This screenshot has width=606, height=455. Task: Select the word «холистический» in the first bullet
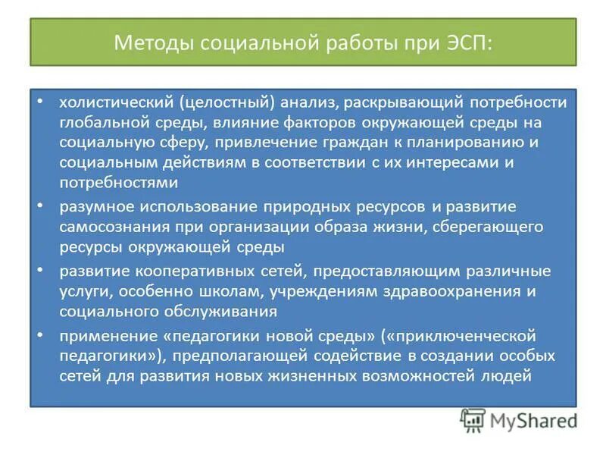[x=115, y=102]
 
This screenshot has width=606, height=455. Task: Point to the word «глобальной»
[x=99, y=123]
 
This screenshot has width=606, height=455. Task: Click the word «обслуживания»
[x=227, y=311]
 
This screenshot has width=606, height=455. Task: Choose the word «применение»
[x=97, y=336]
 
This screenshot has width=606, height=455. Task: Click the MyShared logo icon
[x=472, y=420]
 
